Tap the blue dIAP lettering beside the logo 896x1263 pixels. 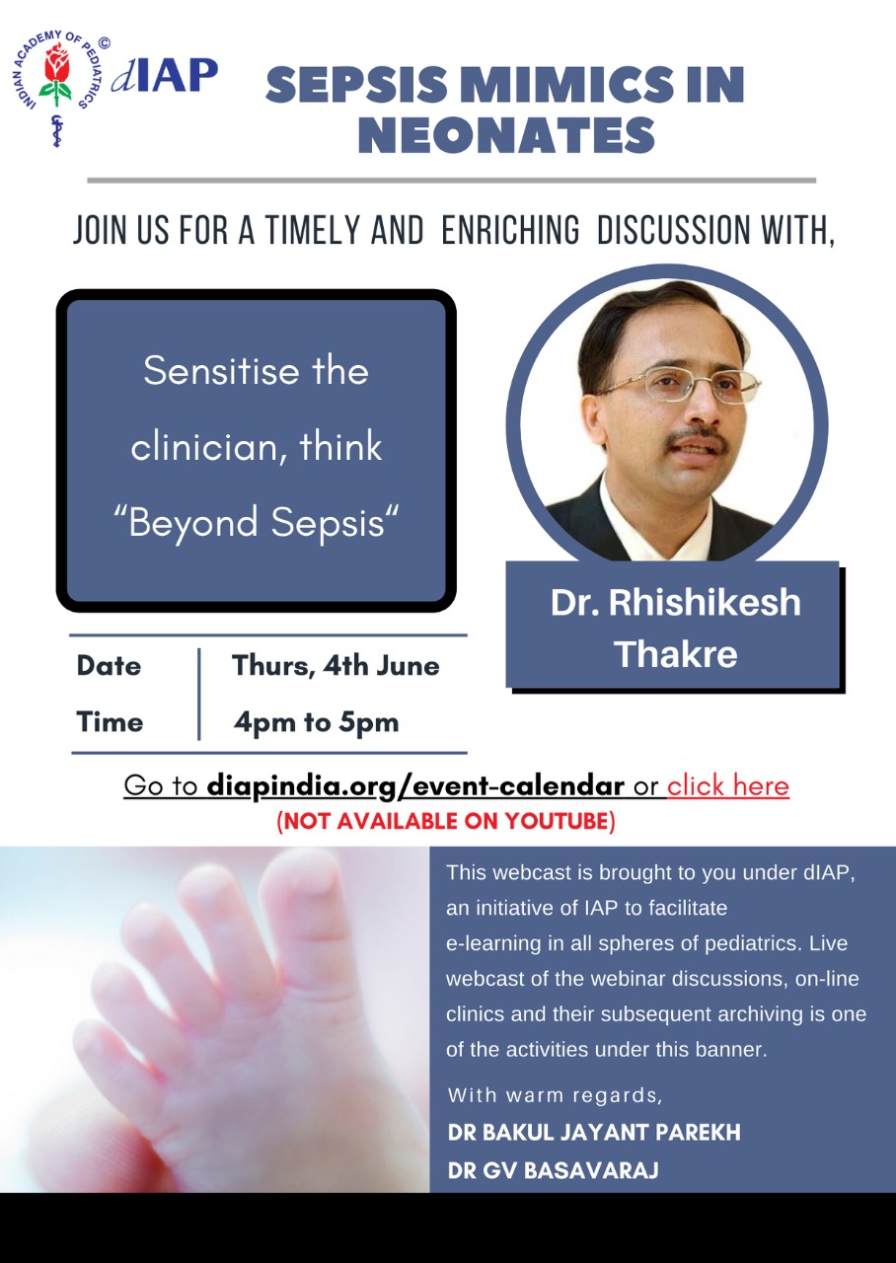[x=165, y=74]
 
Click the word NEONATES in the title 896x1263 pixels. [x=506, y=135]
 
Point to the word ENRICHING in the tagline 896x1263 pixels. [x=510, y=230]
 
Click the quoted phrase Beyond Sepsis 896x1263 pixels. [x=256, y=522]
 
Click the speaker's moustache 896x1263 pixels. [x=697, y=437]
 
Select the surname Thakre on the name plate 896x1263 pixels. [x=676, y=654]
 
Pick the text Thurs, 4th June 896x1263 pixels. [x=336, y=666]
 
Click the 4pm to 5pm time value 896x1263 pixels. [x=317, y=722]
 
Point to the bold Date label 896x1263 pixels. [x=109, y=666]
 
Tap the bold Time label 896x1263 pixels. [x=110, y=722]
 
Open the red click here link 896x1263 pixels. [x=728, y=785]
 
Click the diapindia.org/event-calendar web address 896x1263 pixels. [x=415, y=786]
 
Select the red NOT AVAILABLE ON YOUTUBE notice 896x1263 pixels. [x=446, y=821]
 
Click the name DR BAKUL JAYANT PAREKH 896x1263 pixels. [x=594, y=1132]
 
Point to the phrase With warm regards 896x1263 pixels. [x=555, y=1094]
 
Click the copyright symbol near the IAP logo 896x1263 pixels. [x=104, y=42]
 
